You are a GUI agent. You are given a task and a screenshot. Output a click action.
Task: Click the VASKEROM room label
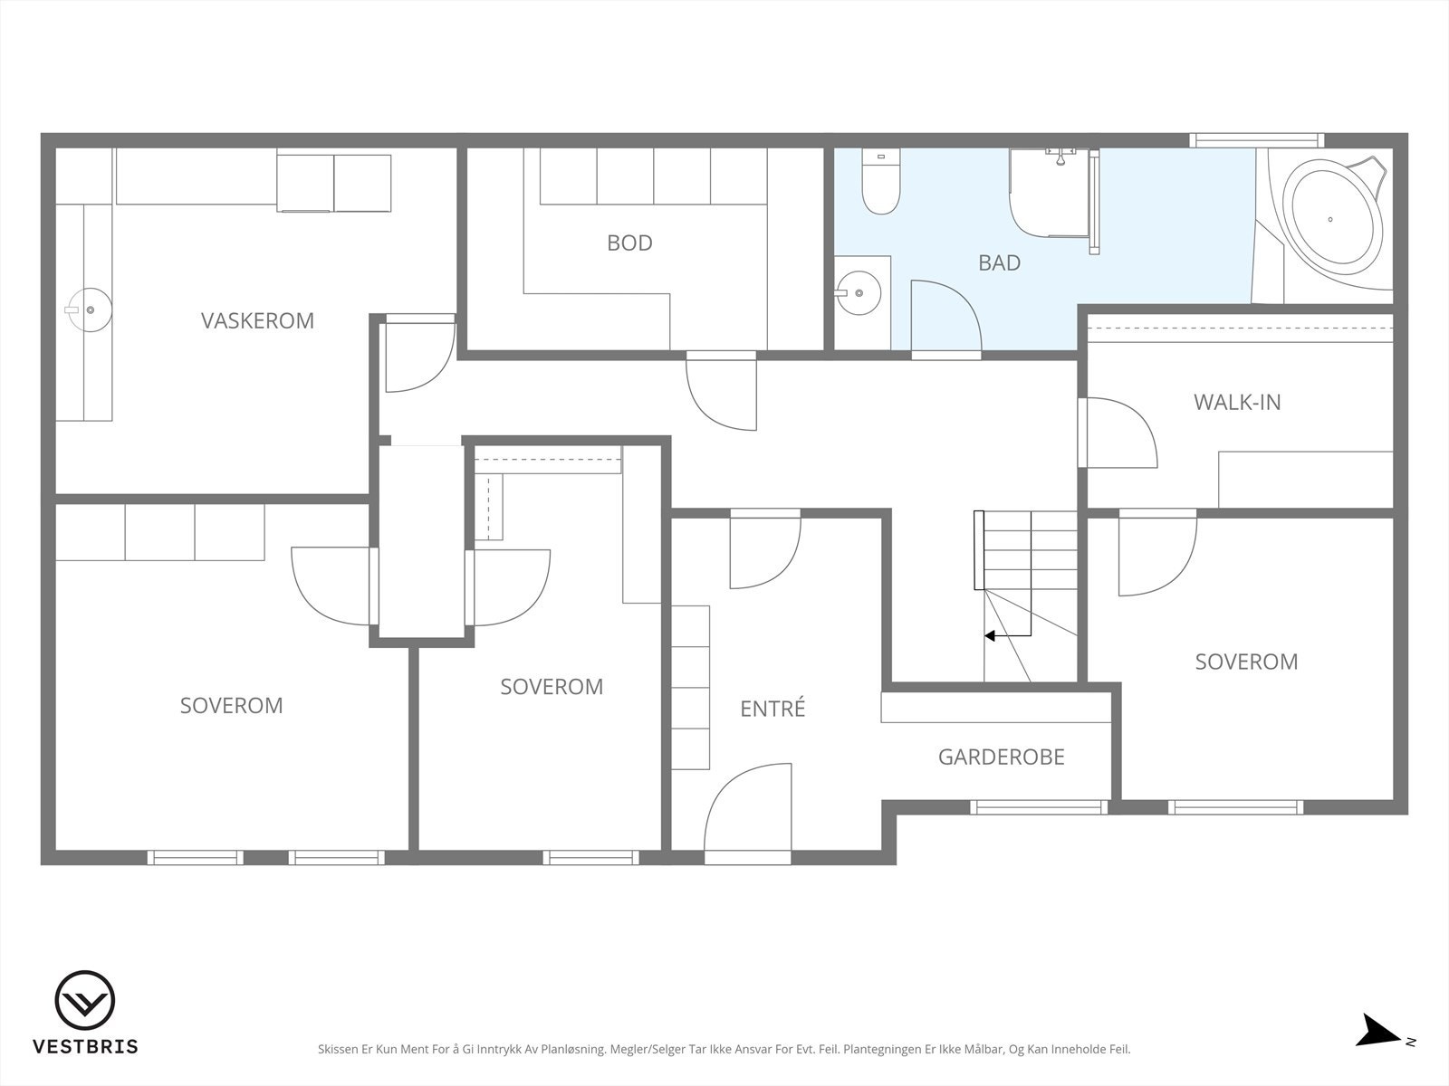tap(257, 320)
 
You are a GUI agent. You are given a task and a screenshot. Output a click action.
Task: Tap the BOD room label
tap(629, 243)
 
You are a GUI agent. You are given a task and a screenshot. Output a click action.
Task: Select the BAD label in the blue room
tap(1000, 262)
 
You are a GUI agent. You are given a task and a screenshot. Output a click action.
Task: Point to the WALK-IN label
tap(1237, 402)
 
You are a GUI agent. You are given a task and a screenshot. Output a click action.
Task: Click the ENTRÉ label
tap(772, 708)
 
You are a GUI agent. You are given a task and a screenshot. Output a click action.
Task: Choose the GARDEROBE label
tap(1002, 757)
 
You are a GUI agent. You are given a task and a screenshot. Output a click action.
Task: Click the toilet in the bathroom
tap(880, 181)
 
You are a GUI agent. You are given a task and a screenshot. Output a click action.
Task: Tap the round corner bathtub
tap(1336, 218)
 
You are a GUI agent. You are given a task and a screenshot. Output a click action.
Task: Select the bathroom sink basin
tap(859, 292)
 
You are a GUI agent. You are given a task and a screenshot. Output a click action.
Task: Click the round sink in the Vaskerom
tap(90, 310)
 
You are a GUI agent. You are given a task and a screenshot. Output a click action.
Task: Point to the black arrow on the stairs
tap(1007, 635)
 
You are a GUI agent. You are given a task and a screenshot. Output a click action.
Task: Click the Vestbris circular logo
tap(85, 1000)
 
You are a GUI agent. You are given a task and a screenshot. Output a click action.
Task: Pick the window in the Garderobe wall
tap(1039, 806)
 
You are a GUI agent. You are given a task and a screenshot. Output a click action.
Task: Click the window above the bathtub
tap(1257, 140)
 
